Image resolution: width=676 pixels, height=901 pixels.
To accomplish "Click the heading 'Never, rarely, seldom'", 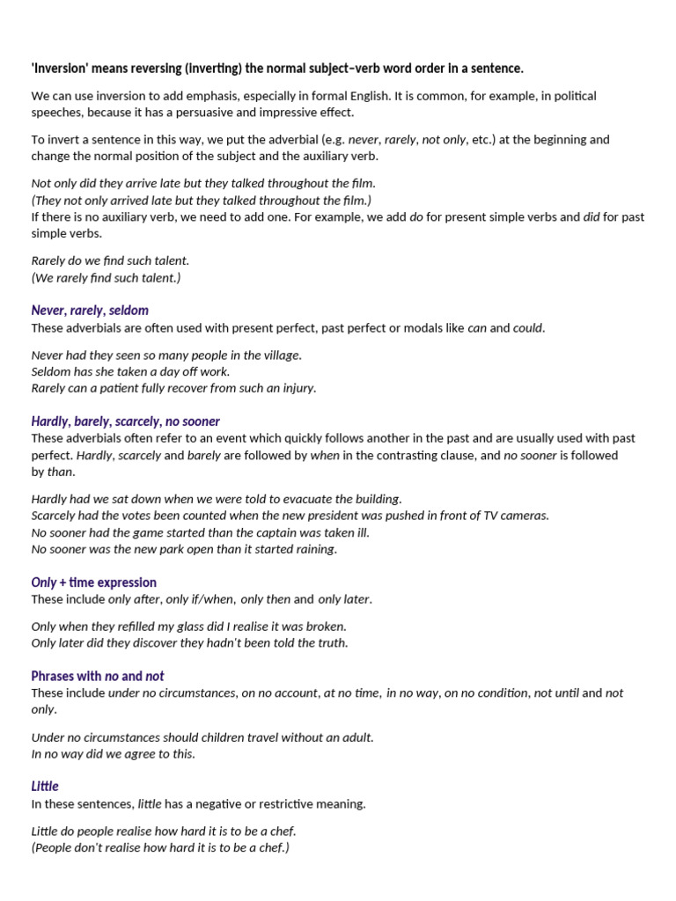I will coord(90,311).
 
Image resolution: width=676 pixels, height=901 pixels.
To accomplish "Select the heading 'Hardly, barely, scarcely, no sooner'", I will coord(125,421).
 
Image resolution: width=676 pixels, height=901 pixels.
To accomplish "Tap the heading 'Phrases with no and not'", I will coord(97,676).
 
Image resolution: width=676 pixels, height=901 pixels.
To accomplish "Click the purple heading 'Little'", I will coord(45,787).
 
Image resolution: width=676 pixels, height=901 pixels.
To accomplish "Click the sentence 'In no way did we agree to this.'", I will coord(113,754).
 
